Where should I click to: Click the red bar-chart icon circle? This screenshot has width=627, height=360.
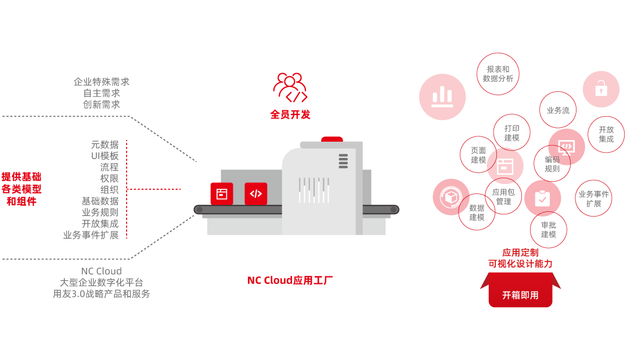coord(442,97)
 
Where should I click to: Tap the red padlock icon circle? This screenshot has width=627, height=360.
coord(601,89)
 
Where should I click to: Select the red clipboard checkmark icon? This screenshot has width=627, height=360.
coord(542,199)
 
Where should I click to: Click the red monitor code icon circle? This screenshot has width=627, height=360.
coord(567,146)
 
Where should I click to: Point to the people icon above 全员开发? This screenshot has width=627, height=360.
coord(290,87)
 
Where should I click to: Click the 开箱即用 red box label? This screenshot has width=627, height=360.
coord(520,295)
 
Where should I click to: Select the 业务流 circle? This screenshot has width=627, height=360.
coord(558,110)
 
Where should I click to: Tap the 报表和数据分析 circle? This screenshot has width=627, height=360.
coord(498,74)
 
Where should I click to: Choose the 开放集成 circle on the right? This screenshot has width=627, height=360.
coord(606,135)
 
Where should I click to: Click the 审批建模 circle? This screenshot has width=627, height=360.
coord(549,229)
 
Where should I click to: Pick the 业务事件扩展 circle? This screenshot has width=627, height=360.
coord(593,199)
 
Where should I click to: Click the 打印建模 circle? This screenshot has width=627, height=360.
coord(511,133)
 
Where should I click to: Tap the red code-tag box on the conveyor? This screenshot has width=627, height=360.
coord(256,193)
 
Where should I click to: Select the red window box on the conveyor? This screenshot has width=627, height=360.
coord(221,193)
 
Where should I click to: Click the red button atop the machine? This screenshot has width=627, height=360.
coord(332,139)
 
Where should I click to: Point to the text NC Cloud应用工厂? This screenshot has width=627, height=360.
coord(290,280)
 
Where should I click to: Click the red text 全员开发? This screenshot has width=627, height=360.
coord(290,114)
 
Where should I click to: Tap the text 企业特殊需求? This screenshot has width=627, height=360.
coord(102,82)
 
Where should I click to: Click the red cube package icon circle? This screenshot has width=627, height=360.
coord(451,197)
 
